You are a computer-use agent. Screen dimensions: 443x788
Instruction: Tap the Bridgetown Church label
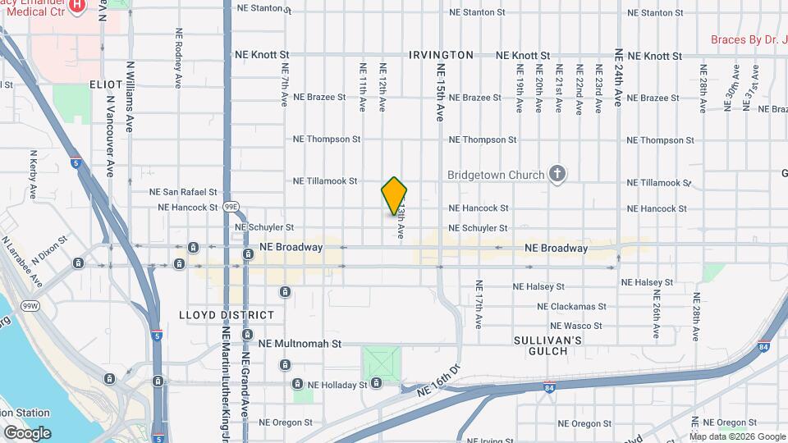tap(496, 175)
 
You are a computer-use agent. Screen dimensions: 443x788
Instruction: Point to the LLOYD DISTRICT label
tap(227, 315)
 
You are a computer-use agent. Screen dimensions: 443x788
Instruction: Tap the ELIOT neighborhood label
tap(106, 84)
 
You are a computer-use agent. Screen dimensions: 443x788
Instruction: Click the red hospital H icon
tap(77, 7)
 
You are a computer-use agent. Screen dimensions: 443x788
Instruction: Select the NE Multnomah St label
tap(299, 344)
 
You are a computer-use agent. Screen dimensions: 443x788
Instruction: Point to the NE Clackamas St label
tap(571, 306)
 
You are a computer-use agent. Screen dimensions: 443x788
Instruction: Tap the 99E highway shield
tap(232, 208)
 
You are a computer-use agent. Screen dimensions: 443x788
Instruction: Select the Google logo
tap(26, 433)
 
